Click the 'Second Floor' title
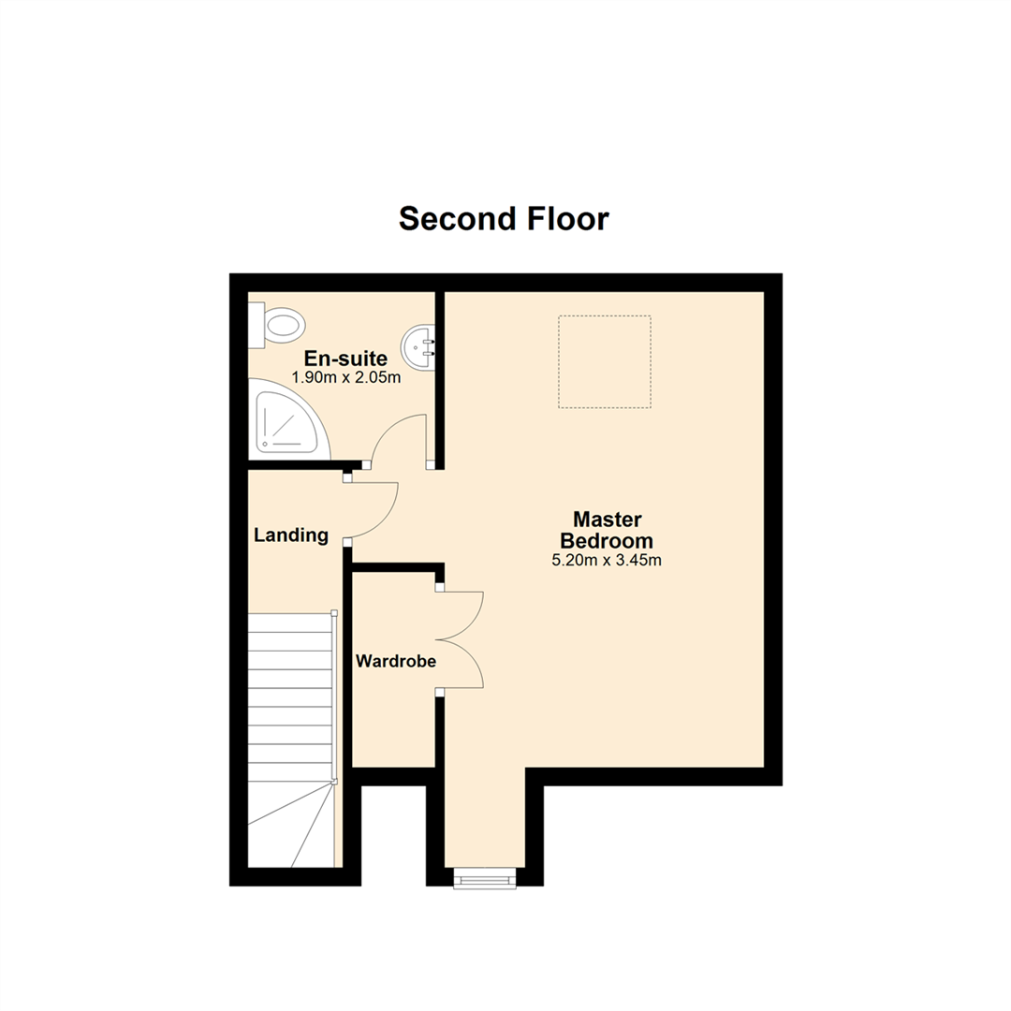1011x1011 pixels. click(504, 219)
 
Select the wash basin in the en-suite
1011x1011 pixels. click(418, 347)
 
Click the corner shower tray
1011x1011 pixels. click(288, 419)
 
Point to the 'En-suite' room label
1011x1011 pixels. click(345, 359)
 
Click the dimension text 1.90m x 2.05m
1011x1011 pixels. click(346, 378)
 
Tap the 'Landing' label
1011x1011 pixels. click(291, 535)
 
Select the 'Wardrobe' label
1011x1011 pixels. click(396, 661)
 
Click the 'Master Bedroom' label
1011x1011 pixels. click(607, 530)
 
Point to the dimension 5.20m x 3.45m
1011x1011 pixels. click(607, 561)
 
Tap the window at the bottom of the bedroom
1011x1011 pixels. click(485, 878)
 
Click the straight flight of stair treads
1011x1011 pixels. click(291, 697)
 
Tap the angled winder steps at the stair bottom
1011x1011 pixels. click(291, 826)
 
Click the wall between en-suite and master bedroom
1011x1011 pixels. click(440, 380)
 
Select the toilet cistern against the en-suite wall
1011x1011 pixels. click(256, 326)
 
